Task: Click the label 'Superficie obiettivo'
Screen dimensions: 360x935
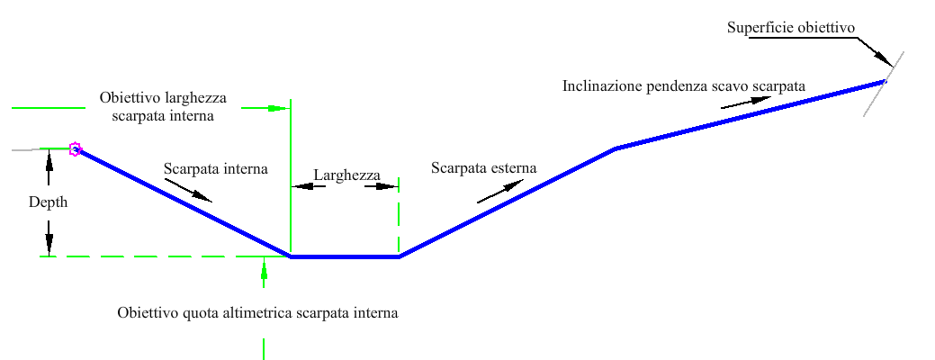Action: click(790, 28)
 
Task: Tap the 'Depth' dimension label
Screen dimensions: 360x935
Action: click(48, 202)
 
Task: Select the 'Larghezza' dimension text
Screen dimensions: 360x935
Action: click(347, 175)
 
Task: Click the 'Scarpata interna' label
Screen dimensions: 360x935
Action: click(216, 168)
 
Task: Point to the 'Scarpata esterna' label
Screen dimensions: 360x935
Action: click(483, 168)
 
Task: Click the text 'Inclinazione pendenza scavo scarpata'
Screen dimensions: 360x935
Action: click(683, 86)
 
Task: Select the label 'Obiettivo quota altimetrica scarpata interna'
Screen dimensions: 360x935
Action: click(257, 313)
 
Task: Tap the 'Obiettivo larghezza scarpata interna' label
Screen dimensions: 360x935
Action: click(163, 105)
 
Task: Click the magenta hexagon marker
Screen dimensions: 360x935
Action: click(76, 148)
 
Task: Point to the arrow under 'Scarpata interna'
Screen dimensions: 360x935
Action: click(190, 188)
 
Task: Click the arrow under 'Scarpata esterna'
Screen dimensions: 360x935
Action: click(500, 191)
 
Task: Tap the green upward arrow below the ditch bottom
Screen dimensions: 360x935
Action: click(264, 267)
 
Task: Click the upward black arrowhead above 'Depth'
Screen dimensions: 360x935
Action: click(49, 157)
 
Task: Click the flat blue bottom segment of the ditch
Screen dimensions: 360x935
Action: click(345, 256)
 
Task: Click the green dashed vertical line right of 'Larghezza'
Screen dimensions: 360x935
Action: click(399, 216)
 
